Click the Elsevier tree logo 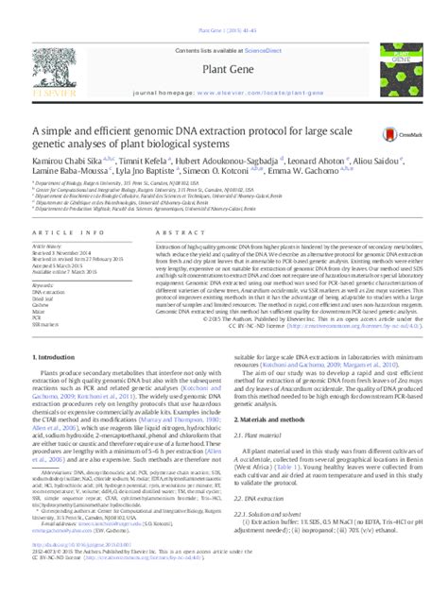click(x=57, y=65)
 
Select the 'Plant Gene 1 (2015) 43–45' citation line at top click(x=224, y=7)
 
